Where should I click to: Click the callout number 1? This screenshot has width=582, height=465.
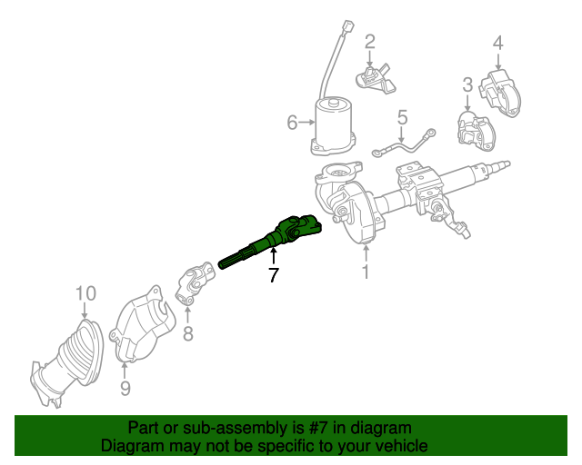pyautogui.click(x=366, y=271)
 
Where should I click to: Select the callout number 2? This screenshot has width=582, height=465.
pyautogui.click(x=370, y=41)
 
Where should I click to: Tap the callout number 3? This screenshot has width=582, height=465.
pyautogui.click(x=467, y=84)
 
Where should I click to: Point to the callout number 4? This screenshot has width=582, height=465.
pyautogui.click(x=497, y=41)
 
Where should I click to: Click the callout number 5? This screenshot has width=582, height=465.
pyautogui.click(x=402, y=116)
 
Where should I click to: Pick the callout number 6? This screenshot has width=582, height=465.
pyautogui.click(x=292, y=122)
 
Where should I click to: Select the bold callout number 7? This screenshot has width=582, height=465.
pyautogui.click(x=274, y=274)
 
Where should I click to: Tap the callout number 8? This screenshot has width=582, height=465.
pyautogui.click(x=187, y=333)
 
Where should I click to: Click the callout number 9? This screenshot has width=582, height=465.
pyautogui.click(x=125, y=389)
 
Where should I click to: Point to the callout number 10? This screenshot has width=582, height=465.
pyautogui.click(x=85, y=292)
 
